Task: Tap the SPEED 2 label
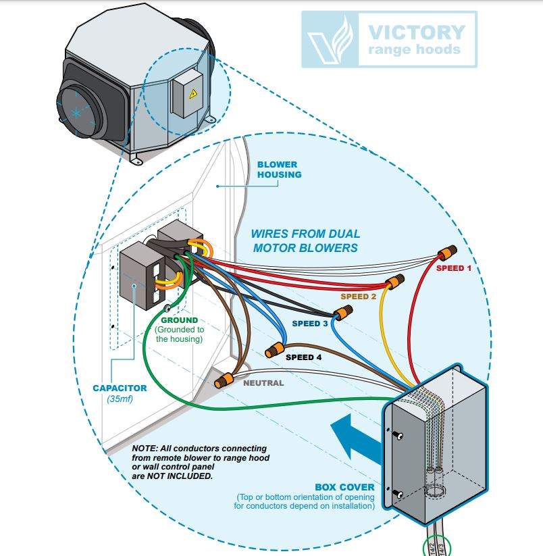click(x=358, y=297)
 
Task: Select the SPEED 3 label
click(x=310, y=324)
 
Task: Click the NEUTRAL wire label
click(x=263, y=383)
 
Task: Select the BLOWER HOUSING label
click(x=279, y=170)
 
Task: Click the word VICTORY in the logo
click(x=416, y=32)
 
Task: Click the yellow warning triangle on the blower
click(x=193, y=95)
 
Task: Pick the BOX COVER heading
click(x=344, y=487)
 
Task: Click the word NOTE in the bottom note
click(x=144, y=449)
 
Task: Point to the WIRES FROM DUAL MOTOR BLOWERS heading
click(x=305, y=241)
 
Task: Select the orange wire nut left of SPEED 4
click(x=274, y=350)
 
